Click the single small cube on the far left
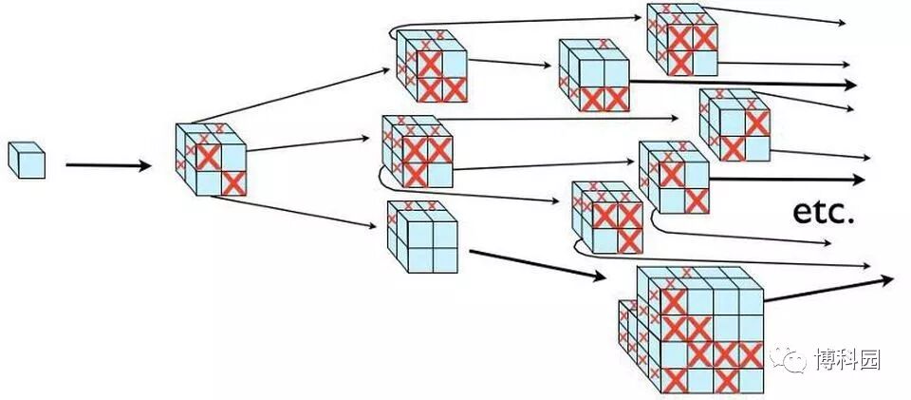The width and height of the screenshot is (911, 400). click(x=27, y=159)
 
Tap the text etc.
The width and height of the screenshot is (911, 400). click(x=824, y=212)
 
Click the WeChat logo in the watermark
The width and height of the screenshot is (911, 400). click(x=787, y=358)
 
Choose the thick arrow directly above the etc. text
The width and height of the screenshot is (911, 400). click(x=787, y=179)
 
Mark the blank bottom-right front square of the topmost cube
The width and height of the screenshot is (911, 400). click(x=704, y=63)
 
